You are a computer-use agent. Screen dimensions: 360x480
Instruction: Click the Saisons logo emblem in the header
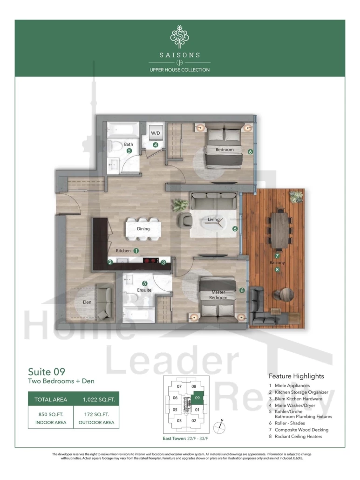click(180, 36)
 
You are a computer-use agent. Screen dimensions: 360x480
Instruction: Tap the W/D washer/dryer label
click(156, 133)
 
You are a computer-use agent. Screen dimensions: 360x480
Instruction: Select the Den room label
click(87, 302)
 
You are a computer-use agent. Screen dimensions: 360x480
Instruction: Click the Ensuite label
click(144, 290)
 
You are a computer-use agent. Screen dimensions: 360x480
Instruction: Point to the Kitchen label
click(123, 250)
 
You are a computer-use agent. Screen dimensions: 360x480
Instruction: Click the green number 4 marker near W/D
click(156, 145)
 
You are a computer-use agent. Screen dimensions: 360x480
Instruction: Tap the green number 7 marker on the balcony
click(277, 256)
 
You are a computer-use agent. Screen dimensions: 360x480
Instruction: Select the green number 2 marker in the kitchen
click(110, 262)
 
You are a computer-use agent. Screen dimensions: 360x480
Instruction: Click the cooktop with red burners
click(150, 261)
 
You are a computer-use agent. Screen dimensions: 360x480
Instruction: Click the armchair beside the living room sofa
click(185, 220)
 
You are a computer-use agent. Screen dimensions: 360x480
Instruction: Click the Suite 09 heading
click(47, 371)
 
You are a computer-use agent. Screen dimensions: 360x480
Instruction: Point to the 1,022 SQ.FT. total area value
click(99, 399)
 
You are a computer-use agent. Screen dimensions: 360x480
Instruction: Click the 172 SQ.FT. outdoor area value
click(96, 414)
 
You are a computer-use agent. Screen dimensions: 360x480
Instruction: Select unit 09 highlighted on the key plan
click(197, 398)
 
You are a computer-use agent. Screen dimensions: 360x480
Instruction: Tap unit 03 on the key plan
click(179, 421)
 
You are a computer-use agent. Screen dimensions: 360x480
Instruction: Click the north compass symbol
click(219, 427)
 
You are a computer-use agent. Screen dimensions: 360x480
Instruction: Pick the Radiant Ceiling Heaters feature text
click(298, 437)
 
